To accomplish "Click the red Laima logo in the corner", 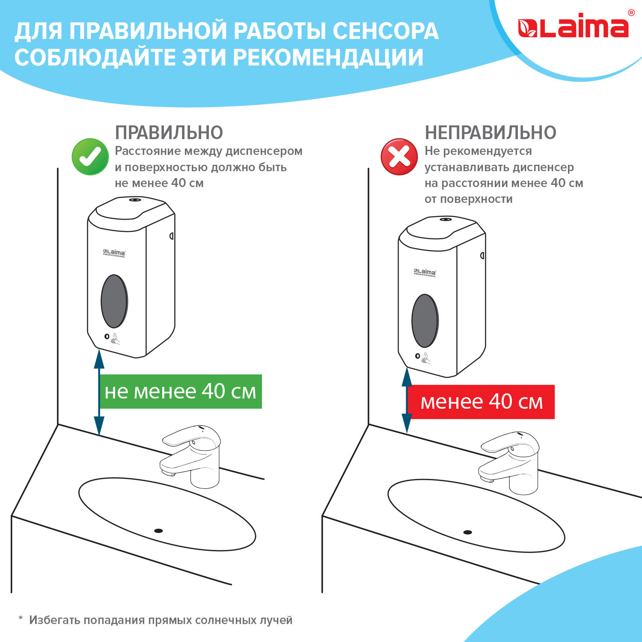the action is (x=573, y=27).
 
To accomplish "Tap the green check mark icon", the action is (x=90, y=157).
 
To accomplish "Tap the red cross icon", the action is (x=399, y=157).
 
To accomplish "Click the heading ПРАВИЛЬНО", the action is (x=169, y=133).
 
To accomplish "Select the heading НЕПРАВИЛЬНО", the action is (x=490, y=133).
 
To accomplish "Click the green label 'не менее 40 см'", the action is (x=181, y=392).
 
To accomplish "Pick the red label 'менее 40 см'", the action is (x=481, y=402).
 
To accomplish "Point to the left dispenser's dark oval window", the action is (x=114, y=301).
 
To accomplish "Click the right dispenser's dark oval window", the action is (x=425, y=321).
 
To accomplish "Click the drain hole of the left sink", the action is (x=158, y=531).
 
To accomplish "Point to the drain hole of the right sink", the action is (x=467, y=532).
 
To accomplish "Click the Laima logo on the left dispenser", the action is (x=114, y=253).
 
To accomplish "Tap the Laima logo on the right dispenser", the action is (x=425, y=273).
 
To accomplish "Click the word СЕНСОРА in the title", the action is (x=385, y=31).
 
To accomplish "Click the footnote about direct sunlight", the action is (x=155, y=620).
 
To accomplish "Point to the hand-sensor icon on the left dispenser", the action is (x=115, y=338).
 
